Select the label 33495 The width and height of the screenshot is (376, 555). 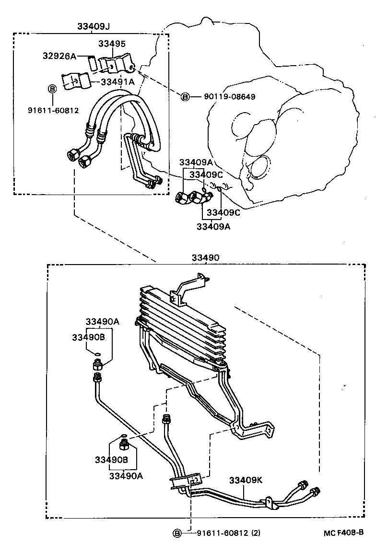pyautogui.click(x=112, y=44)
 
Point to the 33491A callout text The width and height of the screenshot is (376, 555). pyautogui.click(x=117, y=82)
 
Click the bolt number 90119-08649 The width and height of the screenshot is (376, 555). pyautogui.click(x=229, y=97)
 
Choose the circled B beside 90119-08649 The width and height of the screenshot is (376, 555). pyautogui.click(x=185, y=97)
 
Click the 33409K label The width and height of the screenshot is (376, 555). pyautogui.click(x=245, y=480)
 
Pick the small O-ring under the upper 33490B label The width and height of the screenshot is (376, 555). pyautogui.click(x=97, y=354)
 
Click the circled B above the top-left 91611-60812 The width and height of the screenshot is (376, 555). pyautogui.click(x=52, y=89)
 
